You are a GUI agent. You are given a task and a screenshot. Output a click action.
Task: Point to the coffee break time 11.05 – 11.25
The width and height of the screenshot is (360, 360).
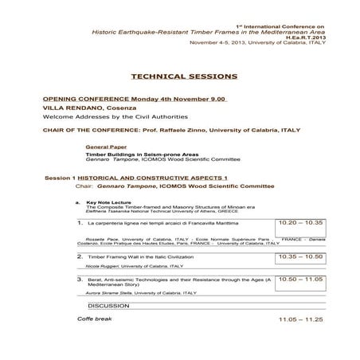click(x=302, y=319)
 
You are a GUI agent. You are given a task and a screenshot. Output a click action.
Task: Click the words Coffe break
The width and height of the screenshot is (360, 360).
click(x=95, y=319)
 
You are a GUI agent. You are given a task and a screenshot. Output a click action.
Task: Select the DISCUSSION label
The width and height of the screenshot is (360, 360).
click(x=109, y=305)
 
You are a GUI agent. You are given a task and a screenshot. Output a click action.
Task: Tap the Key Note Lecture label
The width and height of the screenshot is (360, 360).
click(x=108, y=203)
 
